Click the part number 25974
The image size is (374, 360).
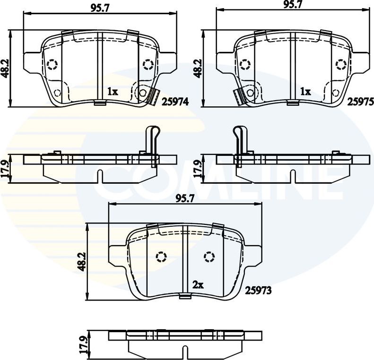pos(175,101)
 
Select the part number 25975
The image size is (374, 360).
pos(361,101)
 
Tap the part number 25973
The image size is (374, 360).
pos(258,291)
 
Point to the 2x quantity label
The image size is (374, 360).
pos(198,285)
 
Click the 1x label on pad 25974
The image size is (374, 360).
pos(112,92)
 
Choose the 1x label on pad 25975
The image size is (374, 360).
pos(305,92)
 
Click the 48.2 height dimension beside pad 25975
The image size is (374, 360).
pos(198,69)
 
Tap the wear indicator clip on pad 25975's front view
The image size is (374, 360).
pos(240,97)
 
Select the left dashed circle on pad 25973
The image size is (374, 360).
pos(162,257)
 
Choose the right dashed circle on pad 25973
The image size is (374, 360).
pos(209,257)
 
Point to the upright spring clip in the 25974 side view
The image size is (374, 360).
pos(153,139)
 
